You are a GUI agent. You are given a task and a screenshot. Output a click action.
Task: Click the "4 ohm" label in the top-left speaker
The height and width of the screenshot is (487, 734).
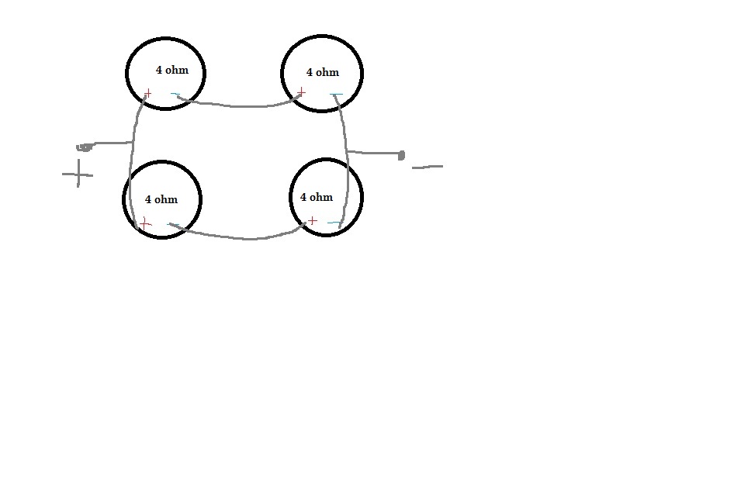tap(171, 70)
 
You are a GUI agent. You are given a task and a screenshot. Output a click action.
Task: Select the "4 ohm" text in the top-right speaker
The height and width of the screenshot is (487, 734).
tap(323, 72)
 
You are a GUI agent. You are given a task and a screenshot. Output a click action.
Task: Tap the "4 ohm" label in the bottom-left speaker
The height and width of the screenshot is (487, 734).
tap(161, 199)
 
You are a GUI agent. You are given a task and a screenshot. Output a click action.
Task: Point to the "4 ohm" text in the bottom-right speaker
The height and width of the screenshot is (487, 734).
tap(317, 197)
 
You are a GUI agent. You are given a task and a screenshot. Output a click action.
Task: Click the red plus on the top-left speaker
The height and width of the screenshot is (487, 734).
tap(147, 94)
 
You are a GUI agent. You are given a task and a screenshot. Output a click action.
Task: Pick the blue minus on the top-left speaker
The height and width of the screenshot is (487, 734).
tap(175, 95)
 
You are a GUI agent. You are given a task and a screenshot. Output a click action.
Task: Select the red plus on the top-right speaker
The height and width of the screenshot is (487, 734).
tap(301, 93)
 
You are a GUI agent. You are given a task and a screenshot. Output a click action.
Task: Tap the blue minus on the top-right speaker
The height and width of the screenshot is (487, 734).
tap(336, 95)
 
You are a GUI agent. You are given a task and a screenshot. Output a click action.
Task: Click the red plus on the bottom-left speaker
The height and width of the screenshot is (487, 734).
tap(144, 224)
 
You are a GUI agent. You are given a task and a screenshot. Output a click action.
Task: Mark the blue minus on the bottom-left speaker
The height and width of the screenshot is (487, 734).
tap(174, 225)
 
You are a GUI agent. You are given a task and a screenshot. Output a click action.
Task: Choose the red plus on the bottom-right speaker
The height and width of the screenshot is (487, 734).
tap(312, 222)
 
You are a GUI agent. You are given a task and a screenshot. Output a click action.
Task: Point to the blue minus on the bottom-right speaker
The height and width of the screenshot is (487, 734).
tap(335, 223)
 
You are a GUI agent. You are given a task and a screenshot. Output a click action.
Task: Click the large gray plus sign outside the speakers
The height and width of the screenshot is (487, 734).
tap(78, 174)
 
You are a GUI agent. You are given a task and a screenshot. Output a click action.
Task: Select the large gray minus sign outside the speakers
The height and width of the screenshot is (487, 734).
tap(428, 166)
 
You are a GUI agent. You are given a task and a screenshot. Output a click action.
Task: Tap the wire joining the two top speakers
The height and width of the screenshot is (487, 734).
tap(241, 105)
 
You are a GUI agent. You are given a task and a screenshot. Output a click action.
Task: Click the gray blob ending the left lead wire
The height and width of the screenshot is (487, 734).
tap(85, 146)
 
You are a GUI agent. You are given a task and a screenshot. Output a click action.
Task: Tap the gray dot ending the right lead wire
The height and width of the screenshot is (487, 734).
tap(401, 155)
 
